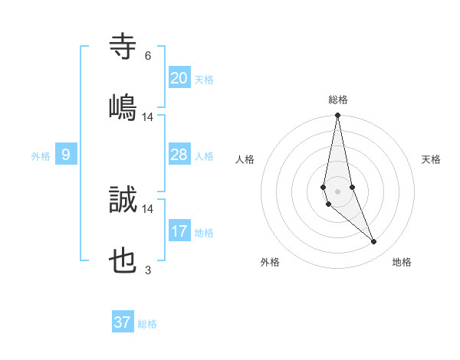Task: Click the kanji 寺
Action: coord(123,46)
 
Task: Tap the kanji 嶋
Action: coord(123,106)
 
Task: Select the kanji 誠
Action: coord(123,199)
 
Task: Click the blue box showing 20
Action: coord(179,78)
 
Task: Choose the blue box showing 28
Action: coord(179,155)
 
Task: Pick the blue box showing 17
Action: coord(179,231)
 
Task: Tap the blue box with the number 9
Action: coord(66,155)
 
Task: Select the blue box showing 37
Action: coord(123,322)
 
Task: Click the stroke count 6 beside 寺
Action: coord(148,56)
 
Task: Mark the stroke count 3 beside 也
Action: coord(148,270)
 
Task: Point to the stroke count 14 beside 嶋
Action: coord(148,117)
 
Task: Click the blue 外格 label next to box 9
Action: coord(41,156)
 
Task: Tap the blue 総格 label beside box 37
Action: coord(147,324)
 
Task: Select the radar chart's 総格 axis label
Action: coord(338,100)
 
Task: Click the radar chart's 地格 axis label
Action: coord(402,263)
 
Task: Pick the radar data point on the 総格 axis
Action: coord(337,116)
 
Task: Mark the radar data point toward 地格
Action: coord(374,242)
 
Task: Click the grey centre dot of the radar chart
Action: coord(337,191)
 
